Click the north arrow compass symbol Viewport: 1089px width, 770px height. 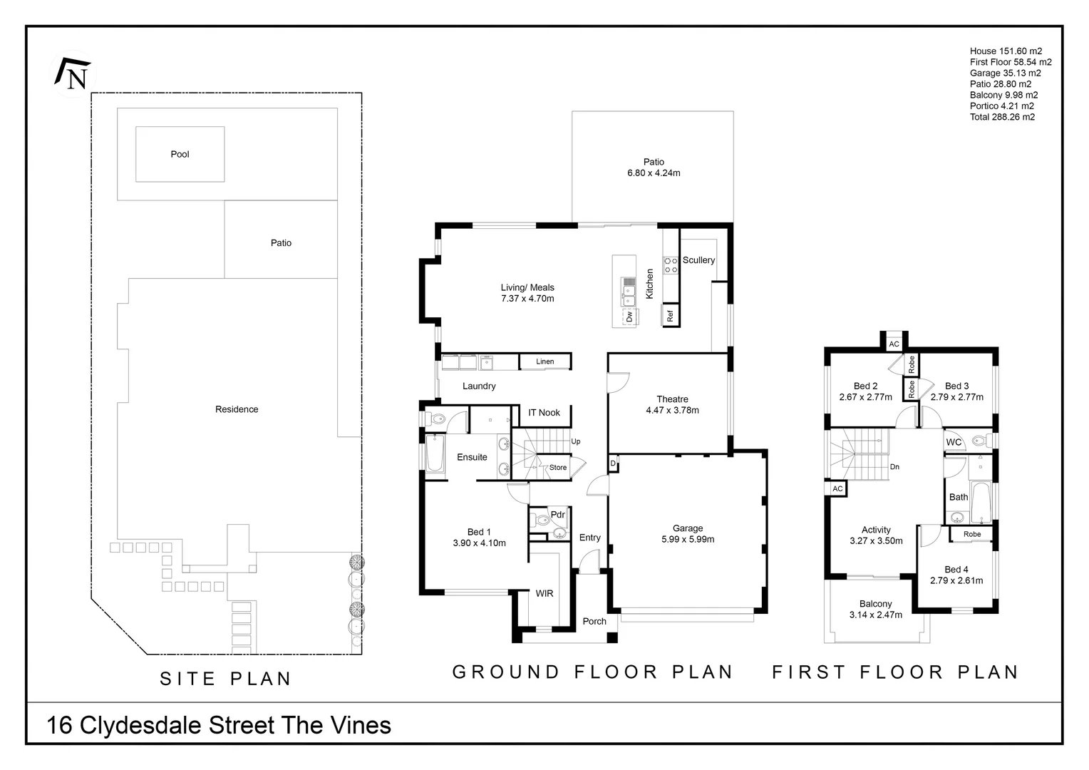tap(72, 73)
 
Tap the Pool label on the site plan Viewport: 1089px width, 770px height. tap(180, 154)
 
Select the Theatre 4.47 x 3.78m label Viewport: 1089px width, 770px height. tap(672, 405)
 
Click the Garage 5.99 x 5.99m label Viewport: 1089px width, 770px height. tap(688, 534)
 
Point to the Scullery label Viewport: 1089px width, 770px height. tap(698, 260)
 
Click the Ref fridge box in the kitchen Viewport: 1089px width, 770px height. tap(671, 314)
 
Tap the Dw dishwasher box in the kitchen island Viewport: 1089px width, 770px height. tap(629, 316)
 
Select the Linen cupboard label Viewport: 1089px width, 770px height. tap(545, 361)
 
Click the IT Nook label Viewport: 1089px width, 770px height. tap(544, 413)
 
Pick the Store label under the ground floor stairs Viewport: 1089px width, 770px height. tap(558, 468)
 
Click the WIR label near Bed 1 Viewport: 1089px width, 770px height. tap(544, 593)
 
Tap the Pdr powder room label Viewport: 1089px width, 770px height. tap(557, 514)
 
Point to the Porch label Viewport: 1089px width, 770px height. tap(594, 621)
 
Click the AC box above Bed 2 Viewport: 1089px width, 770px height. tap(894, 344)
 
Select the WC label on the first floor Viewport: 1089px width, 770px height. tap(954, 442)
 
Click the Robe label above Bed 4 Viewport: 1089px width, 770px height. tap(972, 534)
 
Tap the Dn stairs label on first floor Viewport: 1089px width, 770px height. tap(894, 467)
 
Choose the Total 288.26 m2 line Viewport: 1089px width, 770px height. tap(1002, 117)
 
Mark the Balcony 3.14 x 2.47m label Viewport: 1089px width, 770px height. tap(876, 609)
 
